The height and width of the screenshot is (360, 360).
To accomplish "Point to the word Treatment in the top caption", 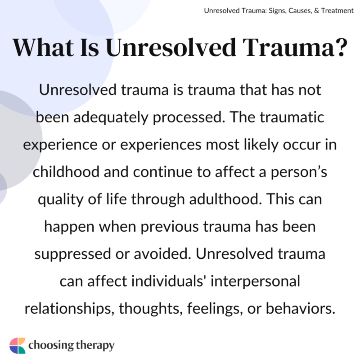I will (x=335, y=10).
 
